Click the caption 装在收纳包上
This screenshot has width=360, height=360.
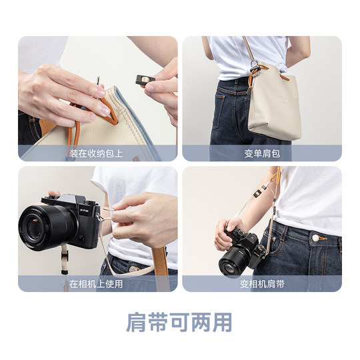click(x=97, y=153)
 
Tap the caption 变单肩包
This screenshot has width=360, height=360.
click(x=262, y=153)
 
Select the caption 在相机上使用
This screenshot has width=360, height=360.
click(x=97, y=283)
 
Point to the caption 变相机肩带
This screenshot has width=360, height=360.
click(x=262, y=283)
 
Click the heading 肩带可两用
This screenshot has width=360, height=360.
click(x=179, y=322)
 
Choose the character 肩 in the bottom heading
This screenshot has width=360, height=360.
click(x=137, y=322)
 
